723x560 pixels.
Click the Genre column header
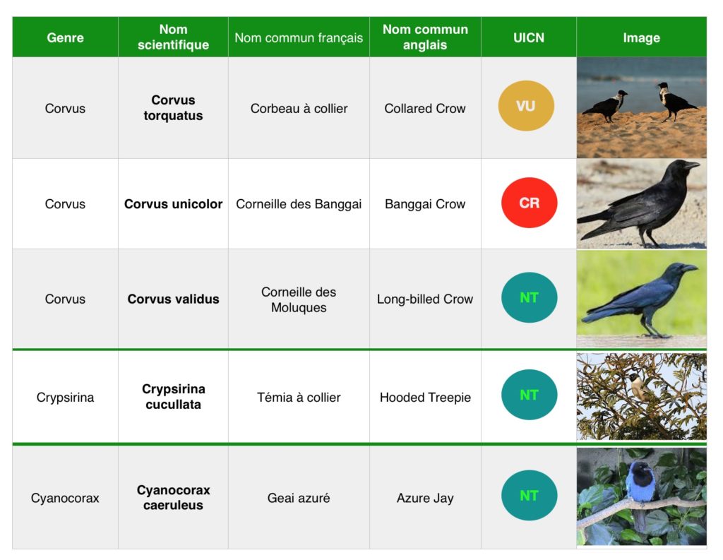(65, 37)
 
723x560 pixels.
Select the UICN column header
(528, 37)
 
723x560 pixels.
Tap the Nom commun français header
(299, 37)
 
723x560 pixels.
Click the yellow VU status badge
(526, 106)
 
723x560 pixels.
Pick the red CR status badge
(529, 203)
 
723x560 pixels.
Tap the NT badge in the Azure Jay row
(529, 496)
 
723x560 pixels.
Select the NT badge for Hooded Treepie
(529, 394)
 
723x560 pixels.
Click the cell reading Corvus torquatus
(173, 107)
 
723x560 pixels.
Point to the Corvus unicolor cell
(173, 204)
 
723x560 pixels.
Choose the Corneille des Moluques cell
(299, 299)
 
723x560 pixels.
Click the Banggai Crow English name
(424, 204)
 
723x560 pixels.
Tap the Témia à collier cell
(299, 397)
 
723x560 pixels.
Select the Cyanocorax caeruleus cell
(173, 497)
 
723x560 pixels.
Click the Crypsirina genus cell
(65, 397)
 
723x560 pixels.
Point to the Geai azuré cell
(299, 498)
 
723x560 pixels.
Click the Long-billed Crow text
(424, 299)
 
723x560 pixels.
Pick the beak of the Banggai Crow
(692, 165)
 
